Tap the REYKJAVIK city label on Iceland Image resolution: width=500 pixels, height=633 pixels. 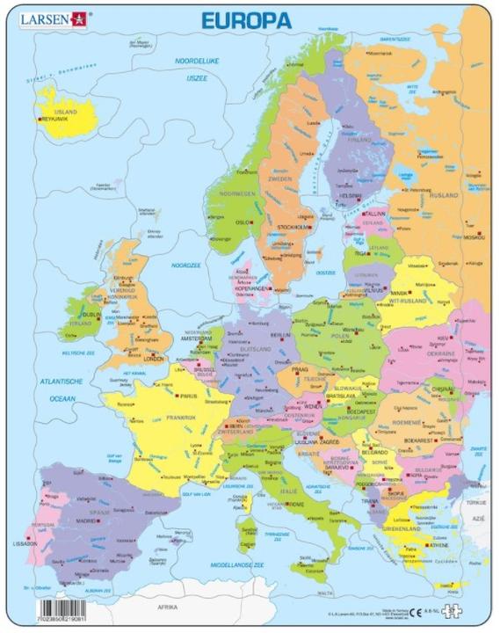58,119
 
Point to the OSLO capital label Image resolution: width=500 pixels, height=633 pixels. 243,222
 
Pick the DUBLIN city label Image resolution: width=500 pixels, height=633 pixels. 91,314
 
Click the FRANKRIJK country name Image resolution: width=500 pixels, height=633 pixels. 175,418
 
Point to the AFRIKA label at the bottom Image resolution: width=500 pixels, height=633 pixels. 166,608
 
